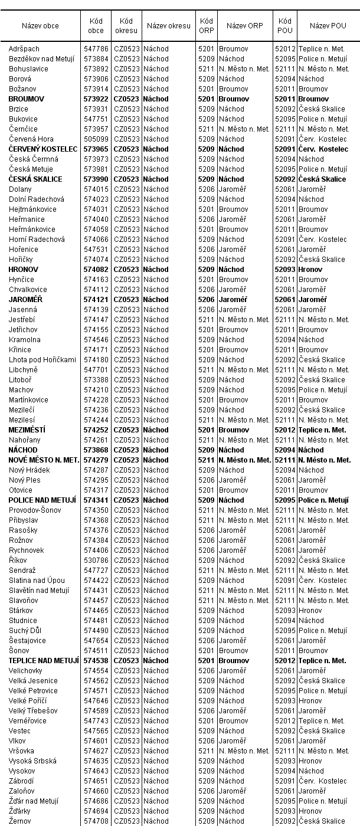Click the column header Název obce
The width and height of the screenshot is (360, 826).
[40, 26]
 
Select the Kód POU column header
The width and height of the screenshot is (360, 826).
[284, 26]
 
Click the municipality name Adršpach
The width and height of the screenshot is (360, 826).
[24, 49]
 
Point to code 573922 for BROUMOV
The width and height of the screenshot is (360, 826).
[96, 99]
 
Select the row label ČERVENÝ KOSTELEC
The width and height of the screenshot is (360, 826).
[43, 149]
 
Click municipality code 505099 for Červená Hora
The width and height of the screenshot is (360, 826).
[96, 139]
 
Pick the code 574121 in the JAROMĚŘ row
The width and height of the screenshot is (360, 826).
[96, 300]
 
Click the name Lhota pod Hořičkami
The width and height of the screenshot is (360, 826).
[42, 360]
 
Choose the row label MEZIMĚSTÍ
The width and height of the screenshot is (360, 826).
[27, 430]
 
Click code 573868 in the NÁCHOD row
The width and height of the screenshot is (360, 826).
[96, 450]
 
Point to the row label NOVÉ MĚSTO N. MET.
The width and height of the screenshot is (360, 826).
[44, 460]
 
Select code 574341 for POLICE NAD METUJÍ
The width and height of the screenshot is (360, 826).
[96, 500]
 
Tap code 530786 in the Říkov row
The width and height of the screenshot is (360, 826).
[96, 560]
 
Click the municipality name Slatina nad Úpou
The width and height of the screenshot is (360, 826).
[37, 581]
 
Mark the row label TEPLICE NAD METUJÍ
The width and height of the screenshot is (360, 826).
[44, 661]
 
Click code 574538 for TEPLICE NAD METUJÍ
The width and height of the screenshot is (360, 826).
[96, 661]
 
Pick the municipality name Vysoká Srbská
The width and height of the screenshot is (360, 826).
[33, 761]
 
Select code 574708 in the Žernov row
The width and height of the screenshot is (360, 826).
[96, 821]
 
